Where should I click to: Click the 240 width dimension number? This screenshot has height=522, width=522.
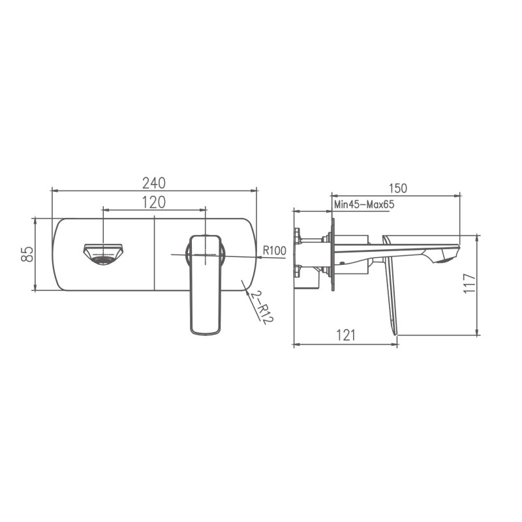tap(154, 182)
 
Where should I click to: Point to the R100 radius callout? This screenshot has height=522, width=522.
tap(275, 250)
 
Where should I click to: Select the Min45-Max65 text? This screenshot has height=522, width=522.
tap(364, 204)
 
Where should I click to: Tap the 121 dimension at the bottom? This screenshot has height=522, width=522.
tap(346, 335)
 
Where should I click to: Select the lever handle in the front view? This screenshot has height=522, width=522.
tap(205, 284)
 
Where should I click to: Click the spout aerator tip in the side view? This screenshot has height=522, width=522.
tap(446, 260)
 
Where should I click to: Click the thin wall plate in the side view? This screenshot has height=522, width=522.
tap(332, 254)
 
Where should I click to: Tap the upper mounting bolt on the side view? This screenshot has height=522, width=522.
tap(297, 236)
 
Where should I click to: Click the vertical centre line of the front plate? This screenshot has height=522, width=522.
tap(154, 254)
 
